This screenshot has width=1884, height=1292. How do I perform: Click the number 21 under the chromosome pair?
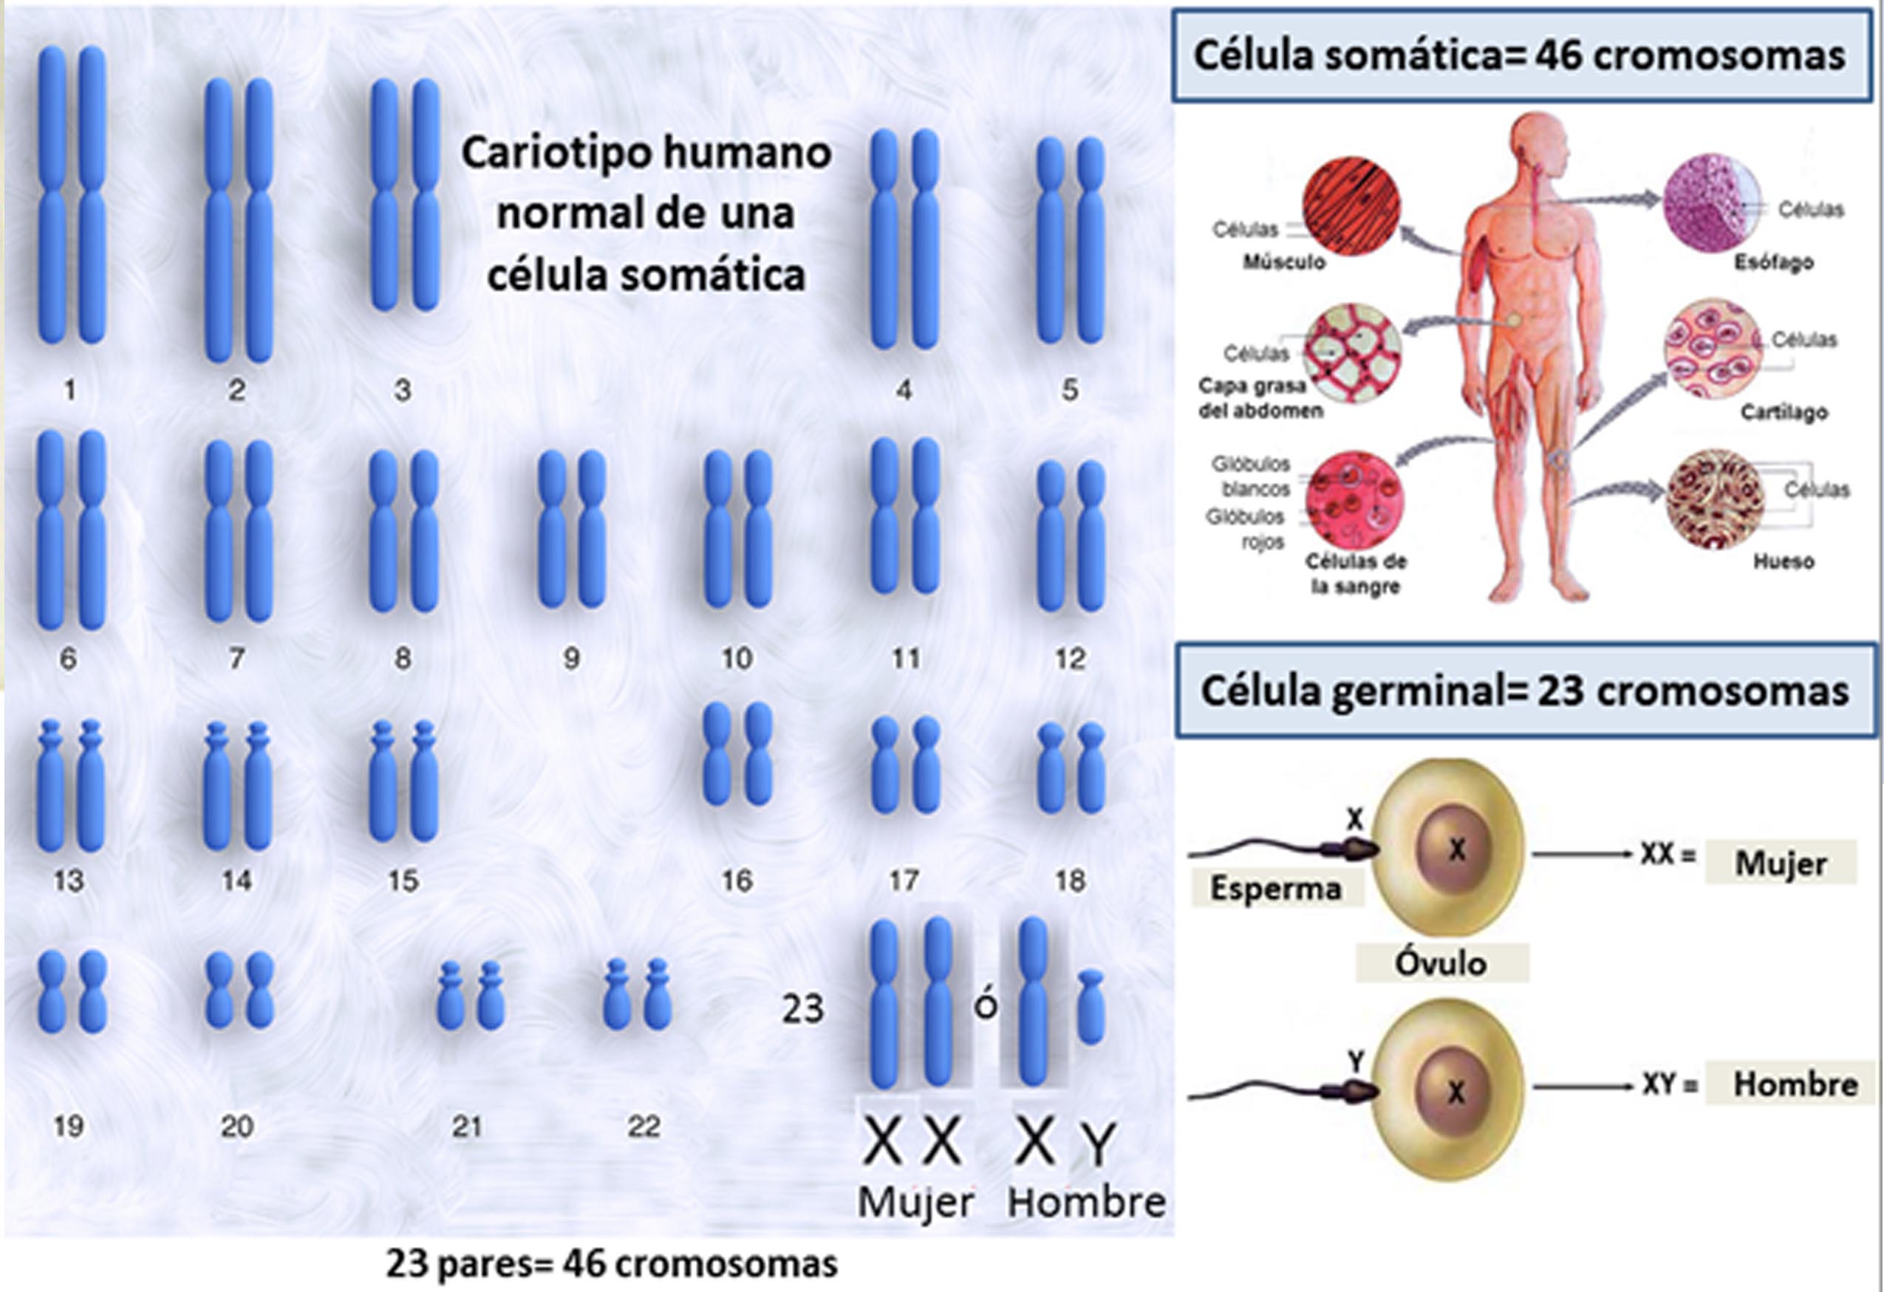[468, 1126]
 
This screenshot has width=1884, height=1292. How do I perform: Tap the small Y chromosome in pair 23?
[1091, 1007]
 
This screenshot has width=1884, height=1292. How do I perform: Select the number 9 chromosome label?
[572, 658]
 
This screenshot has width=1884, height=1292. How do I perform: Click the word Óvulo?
[1441, 963]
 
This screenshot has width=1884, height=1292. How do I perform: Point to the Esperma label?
[1275, 889]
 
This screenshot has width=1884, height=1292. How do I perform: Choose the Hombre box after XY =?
[1794, 1084]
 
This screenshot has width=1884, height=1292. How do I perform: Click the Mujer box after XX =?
[1781, 864]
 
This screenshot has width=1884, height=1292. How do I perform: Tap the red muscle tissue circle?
[1351, 206]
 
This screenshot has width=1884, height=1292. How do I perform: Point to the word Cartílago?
[1784, 412]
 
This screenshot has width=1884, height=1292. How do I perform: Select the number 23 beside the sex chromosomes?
[802, 1009]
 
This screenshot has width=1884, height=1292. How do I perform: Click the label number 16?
[737, 881]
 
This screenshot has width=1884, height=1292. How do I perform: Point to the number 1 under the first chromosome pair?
[70, 391]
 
